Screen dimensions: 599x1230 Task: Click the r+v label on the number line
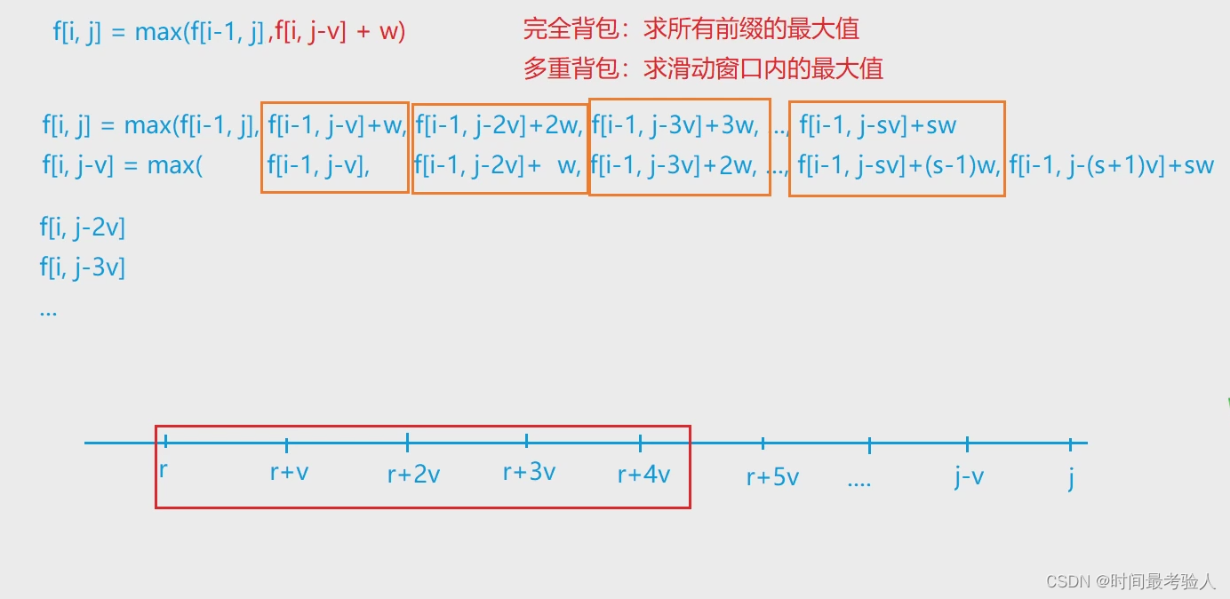pos(289,472)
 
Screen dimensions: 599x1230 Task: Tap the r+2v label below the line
pos(413,475)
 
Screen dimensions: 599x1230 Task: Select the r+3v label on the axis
pos(529,472)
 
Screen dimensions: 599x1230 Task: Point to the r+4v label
pos(643,475)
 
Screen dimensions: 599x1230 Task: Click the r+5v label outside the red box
pos(772,477)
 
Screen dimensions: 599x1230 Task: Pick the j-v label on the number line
pos(969,477)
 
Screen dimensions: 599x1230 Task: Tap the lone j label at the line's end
pos(1071,478)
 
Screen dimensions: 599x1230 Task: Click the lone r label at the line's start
pos(164,469)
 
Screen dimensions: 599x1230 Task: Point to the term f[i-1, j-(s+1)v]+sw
pos(1111,165)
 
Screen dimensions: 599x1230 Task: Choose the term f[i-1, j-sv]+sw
pos(877,125)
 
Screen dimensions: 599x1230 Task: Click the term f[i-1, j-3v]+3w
pos(675,125)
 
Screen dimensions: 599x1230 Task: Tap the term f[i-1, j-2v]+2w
pos(499,125)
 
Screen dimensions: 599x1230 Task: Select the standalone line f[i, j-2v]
pos(82,228)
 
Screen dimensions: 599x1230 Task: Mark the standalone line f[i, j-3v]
pos(82,267)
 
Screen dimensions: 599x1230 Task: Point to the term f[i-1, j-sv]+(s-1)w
pos(898,165)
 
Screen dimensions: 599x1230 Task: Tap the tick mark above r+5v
pos(763,443)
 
